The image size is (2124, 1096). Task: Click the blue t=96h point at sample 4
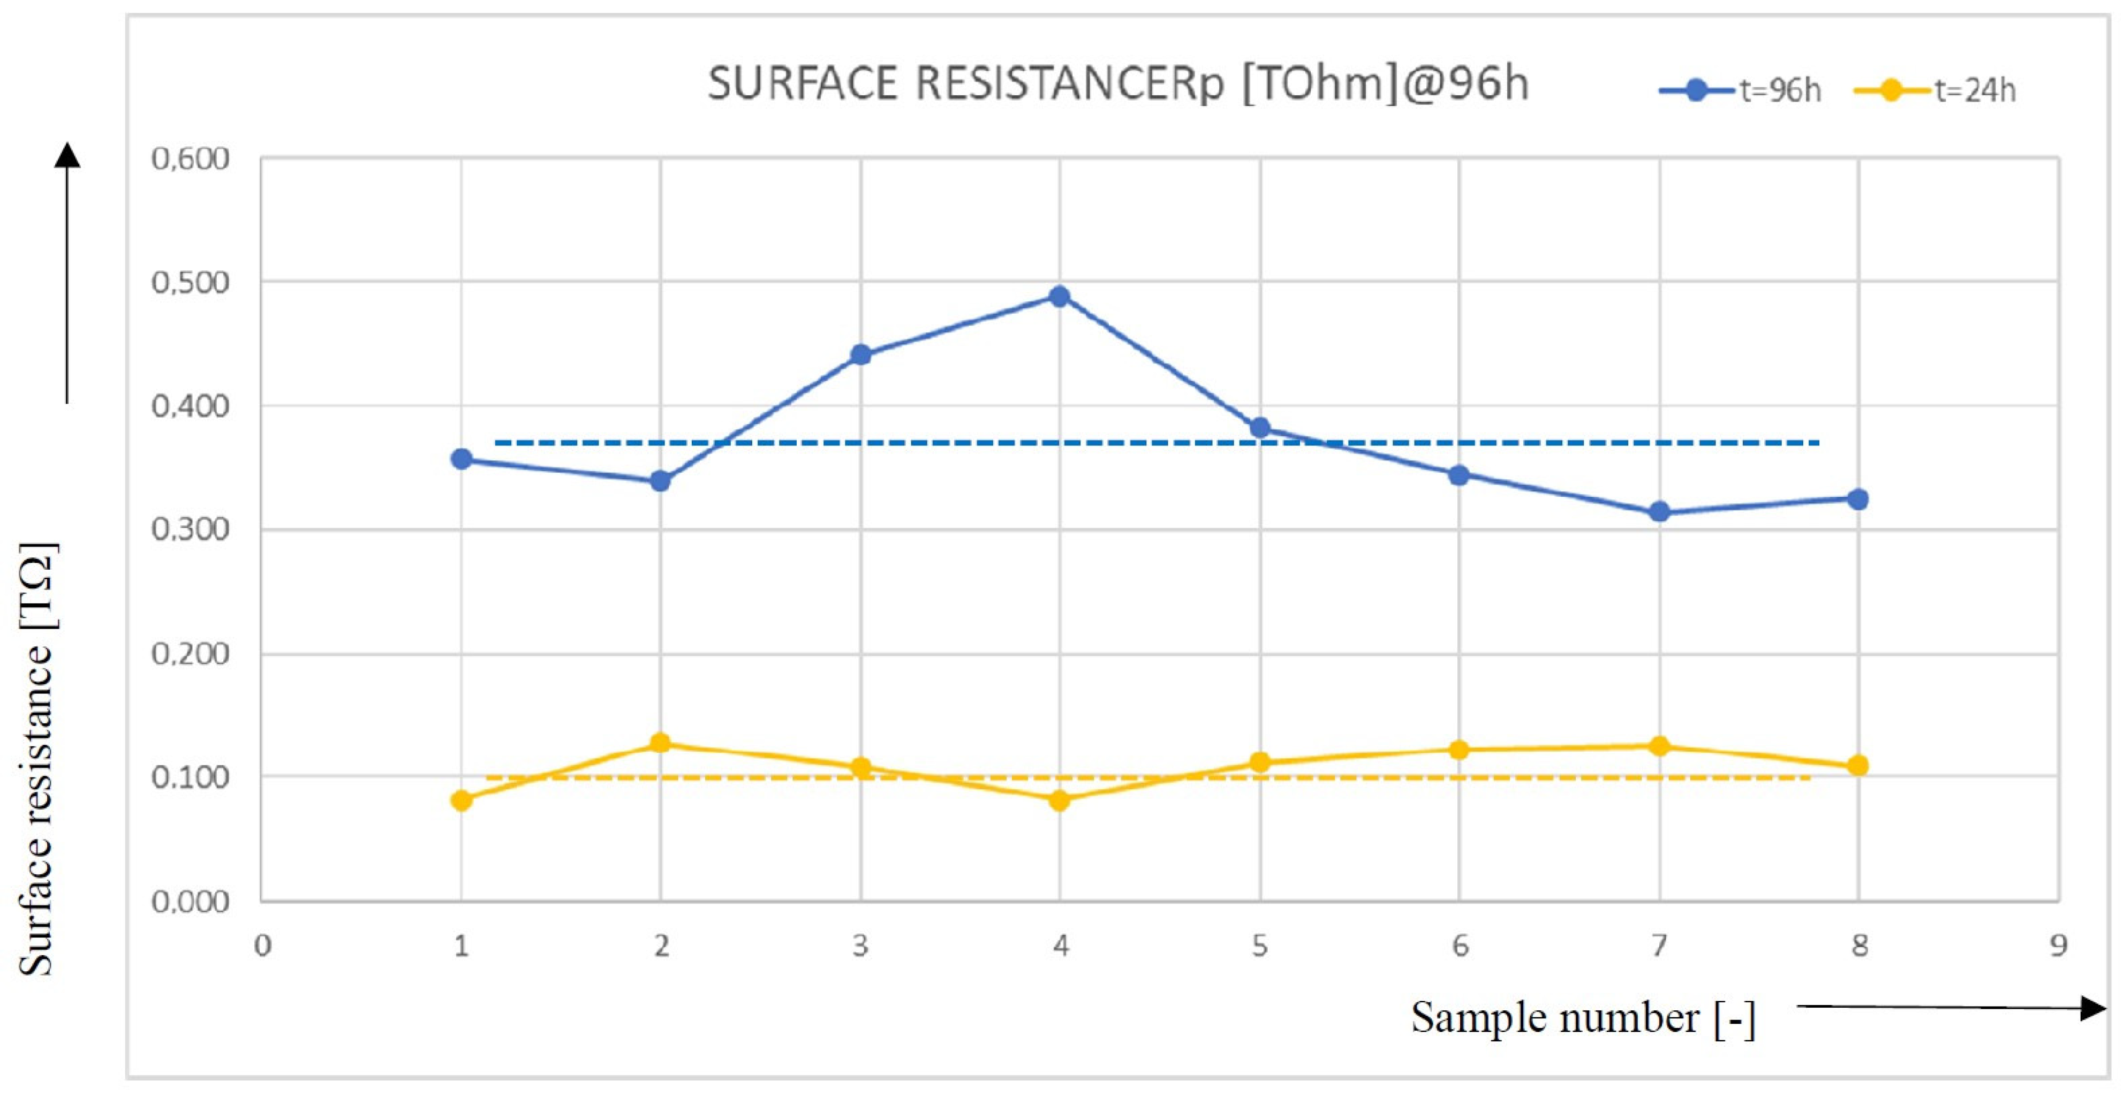1060,296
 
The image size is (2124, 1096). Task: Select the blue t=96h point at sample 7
1659,512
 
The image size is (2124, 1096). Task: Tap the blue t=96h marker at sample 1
462,459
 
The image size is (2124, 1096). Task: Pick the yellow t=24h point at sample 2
661,743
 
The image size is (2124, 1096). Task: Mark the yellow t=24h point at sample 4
1060,800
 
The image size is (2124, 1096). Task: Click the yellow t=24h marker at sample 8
1858,765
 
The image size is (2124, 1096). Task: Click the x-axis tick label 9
2058,945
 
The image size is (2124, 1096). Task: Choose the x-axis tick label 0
262,945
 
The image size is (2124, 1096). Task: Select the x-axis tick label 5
1260,945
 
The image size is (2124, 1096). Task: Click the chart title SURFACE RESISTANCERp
1118,84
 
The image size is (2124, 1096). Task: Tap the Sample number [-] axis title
1583,1018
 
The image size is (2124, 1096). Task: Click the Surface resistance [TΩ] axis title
37,759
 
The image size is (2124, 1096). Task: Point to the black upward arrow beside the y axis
67,272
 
